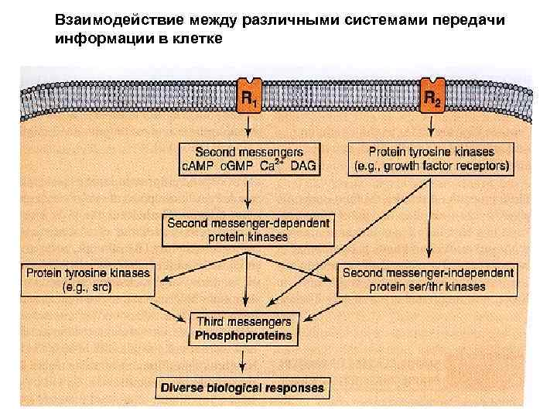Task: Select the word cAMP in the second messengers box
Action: [x=198, y=166]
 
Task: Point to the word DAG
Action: [x=305, y=166]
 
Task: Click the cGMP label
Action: [x=236, y=166]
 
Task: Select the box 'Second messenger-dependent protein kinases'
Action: [x=248, y=229]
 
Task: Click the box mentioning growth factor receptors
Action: [x=432, y=159]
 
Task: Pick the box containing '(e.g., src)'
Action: [x=88, y=279]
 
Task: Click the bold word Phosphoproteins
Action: [x=244, y=335]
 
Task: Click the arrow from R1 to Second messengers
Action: [x=248, y=128]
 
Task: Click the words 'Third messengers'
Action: [x=244, y=321]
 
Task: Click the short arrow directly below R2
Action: [x=431, y=128]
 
